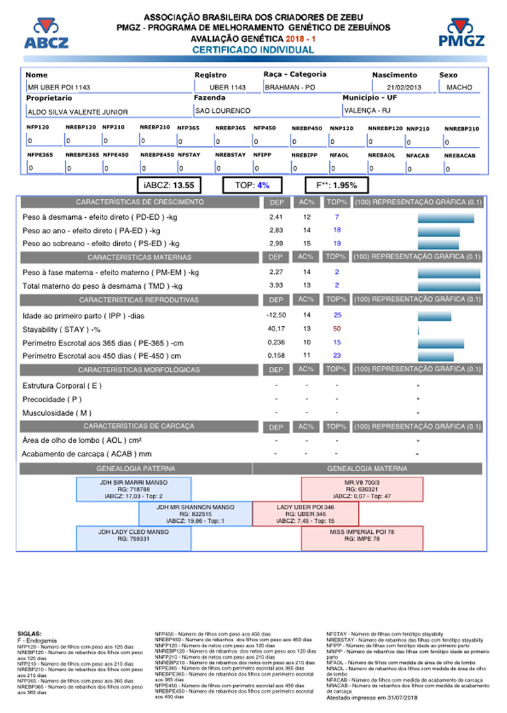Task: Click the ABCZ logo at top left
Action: point(45,34)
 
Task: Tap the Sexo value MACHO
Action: point(459,87)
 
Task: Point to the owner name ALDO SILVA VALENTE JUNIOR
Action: point(77,112)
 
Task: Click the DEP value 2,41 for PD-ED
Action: point(276,217)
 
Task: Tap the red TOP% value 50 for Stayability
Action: point(336,329)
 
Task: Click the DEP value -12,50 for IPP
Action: point(276,315)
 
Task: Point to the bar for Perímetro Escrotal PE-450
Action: point(435,356)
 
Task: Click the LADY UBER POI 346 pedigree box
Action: point(305,514)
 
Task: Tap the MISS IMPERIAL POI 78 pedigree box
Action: point(362,538)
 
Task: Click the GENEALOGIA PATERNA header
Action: point(135,469)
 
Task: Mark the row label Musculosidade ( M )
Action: point(57,413)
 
